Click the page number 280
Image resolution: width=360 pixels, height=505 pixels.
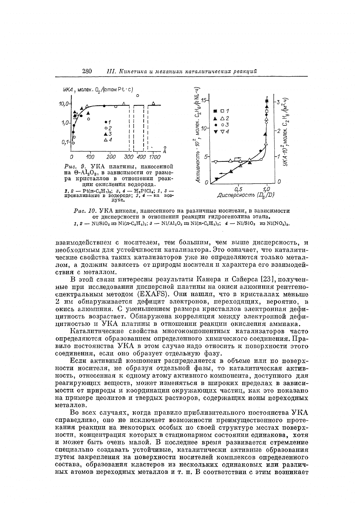(x=87, y=71)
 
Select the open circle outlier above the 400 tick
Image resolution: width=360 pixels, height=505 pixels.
(x=137, y=95)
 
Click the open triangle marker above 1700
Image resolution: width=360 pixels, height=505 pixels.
(x=154, y=103)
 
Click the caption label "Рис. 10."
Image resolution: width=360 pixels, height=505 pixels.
(x=85, y=210)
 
